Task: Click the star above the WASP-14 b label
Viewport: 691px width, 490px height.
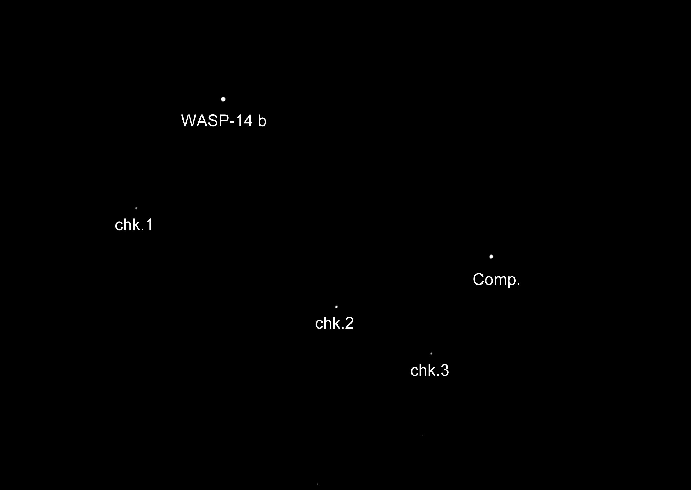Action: coord(223,99)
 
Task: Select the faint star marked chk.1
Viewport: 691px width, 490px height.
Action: coord(136,208)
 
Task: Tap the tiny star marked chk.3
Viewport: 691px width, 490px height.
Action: coord(431,353)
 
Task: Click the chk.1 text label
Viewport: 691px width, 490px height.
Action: coord(134,225)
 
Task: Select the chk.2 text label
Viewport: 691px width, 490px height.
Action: coord(334,323)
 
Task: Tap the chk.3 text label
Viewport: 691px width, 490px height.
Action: coord(429,370)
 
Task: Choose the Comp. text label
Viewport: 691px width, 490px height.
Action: coord(497,280)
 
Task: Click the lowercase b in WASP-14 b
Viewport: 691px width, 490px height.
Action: coord(262,121)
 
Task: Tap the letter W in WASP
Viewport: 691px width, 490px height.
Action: coord(187,121)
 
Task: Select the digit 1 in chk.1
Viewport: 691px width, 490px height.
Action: coord(149,225)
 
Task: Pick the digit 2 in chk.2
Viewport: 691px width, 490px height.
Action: coord(349,323)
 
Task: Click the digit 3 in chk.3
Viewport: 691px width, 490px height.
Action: coord(445,370)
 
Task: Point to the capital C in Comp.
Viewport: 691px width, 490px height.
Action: coord(478,279)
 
